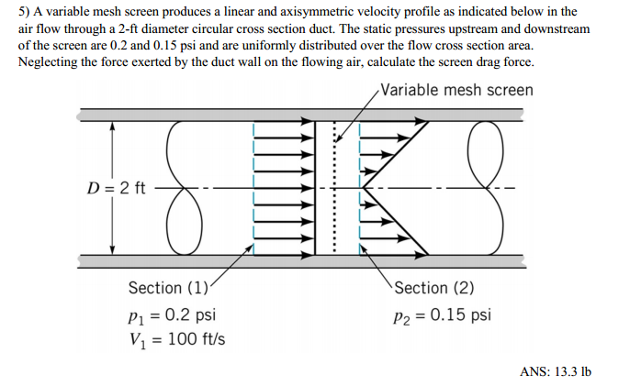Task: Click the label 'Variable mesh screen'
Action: click(x=456, y=91)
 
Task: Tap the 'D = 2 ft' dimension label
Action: click(x=116, y=190)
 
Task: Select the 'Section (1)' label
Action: click(x=169, y=288)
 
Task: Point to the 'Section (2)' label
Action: click(x=434, y=288)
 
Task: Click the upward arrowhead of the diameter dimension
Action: click(x=113, y=128)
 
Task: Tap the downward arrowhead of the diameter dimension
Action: click(x=113, y=248)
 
